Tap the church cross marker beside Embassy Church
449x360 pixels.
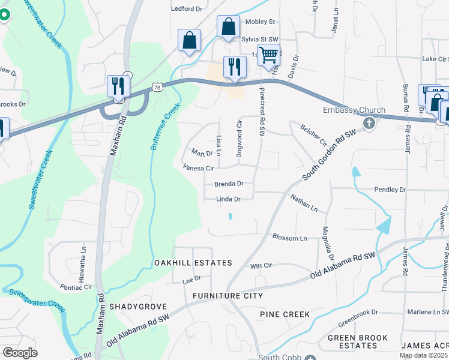point(369,124)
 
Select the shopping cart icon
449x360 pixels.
point(268,55)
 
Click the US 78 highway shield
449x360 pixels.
point(157,88)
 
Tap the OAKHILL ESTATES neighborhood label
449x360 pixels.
point(193,263)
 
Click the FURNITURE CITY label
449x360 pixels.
point(228,296)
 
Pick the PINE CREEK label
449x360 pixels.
point(285,314)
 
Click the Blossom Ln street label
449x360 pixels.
point(289,238)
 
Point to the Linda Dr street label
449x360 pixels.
point(229,199)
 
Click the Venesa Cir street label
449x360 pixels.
point(198,169)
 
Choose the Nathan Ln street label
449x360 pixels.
point(303,202)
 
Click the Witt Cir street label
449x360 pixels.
point(261,265)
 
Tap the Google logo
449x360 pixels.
point(20,352)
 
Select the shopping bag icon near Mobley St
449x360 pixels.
point(228,27)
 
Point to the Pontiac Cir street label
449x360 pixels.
point(76,287)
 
